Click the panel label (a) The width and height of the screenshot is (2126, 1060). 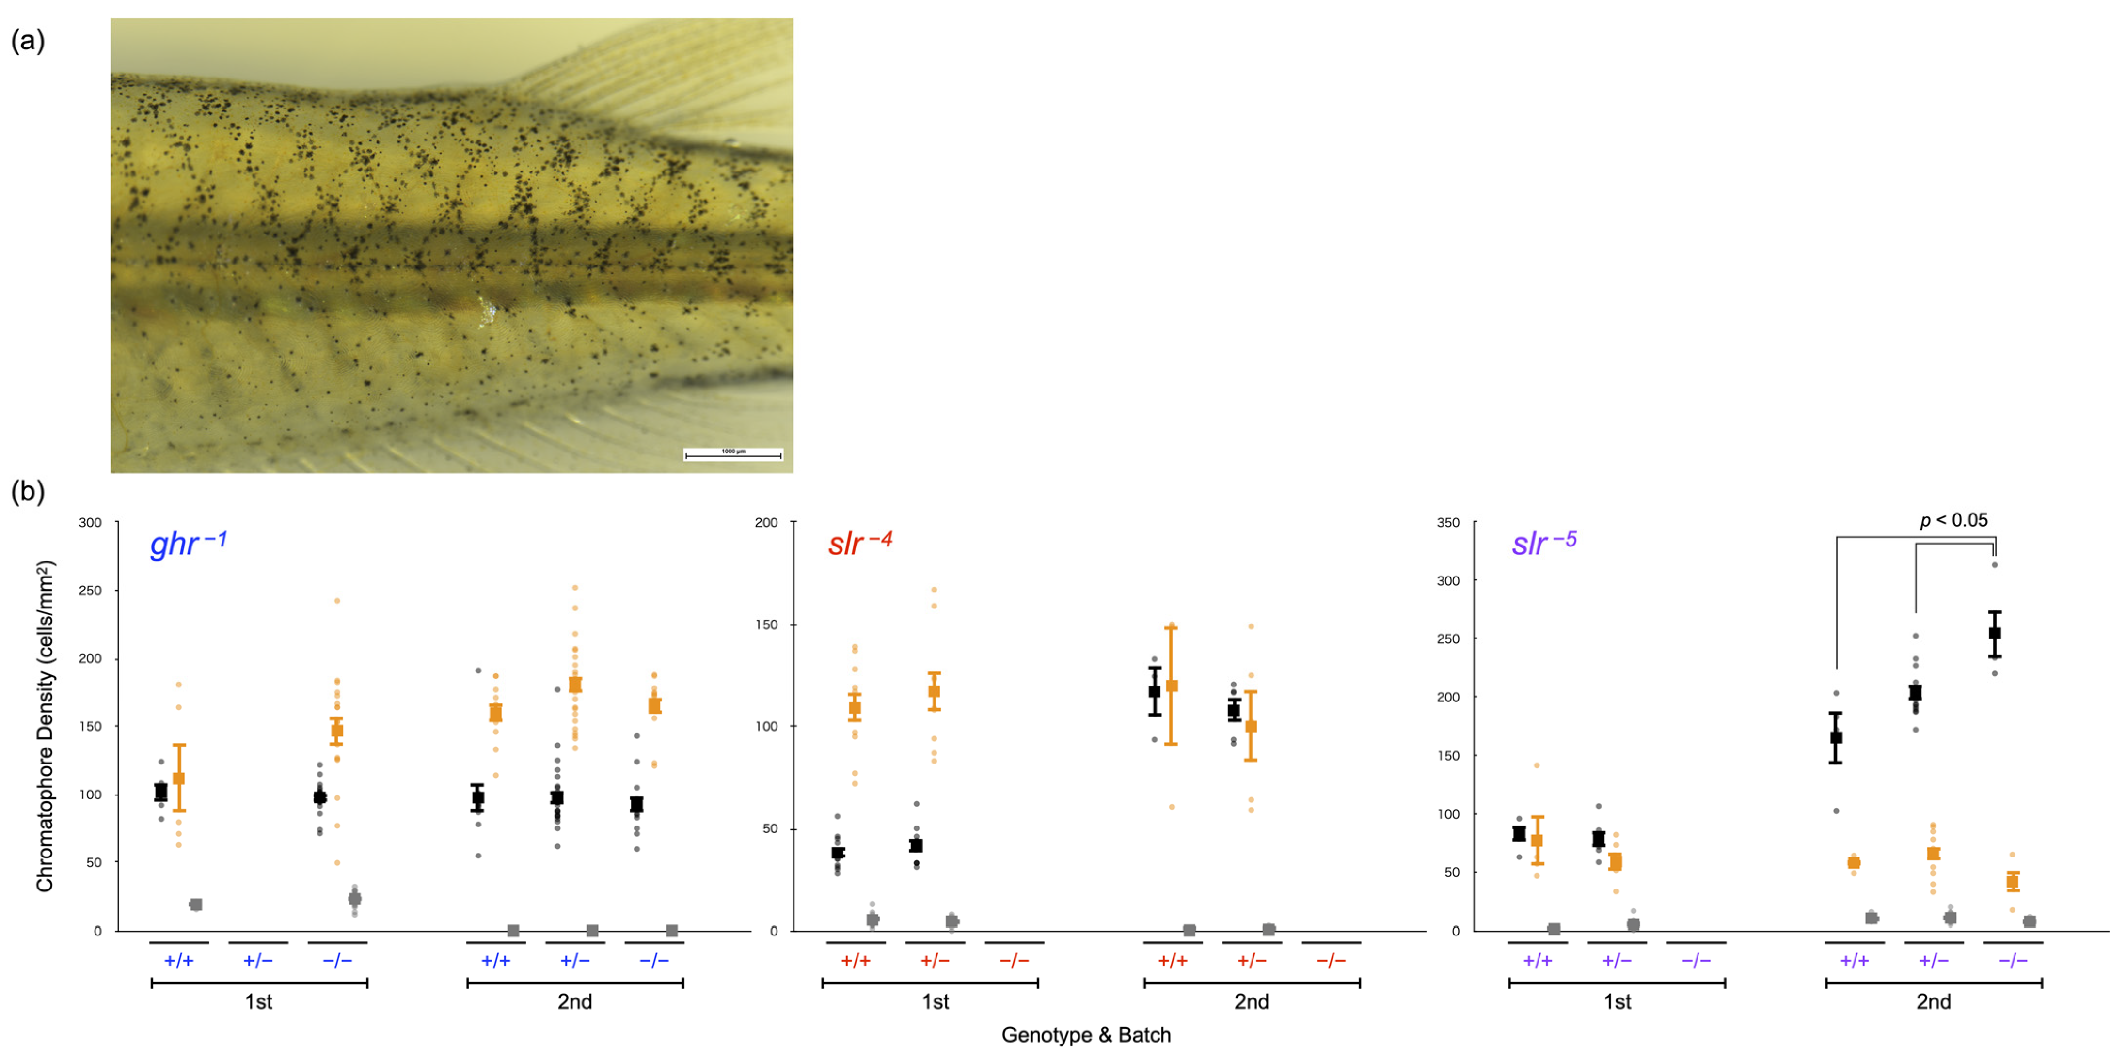[27, 40]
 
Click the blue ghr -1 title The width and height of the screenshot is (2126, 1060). [187, 544]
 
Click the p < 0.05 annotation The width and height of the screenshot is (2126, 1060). [1953, 520]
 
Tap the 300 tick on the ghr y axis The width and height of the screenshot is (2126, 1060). [90, 522]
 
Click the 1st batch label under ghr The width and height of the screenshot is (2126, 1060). [258, 1001]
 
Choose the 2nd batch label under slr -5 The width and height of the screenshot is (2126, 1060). [1933, 1001]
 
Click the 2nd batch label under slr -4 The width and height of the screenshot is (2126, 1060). [1251, 1001]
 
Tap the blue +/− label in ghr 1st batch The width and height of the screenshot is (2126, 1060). [257, 960]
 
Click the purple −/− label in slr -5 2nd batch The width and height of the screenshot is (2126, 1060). [2012, 960]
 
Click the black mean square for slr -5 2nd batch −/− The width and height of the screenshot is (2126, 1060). [1995, 634]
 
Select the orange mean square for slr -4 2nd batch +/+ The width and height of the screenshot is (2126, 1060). [1171, 686]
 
